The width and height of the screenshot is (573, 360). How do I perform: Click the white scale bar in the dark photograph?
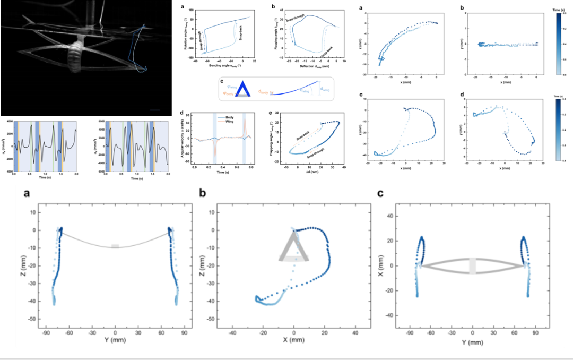point(155,110)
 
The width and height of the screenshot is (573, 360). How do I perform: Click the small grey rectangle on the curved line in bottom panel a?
point(116,246)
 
